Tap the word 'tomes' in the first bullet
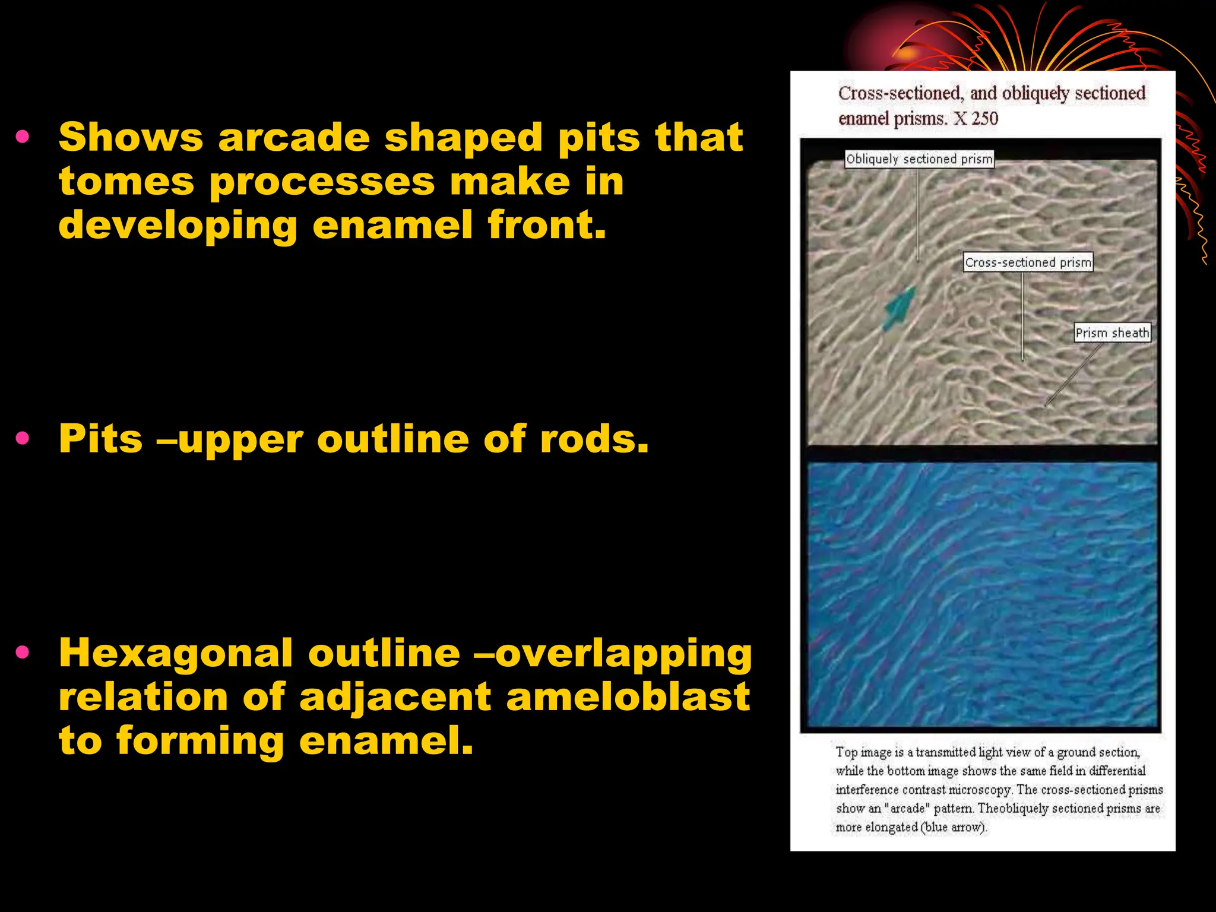point(126,182)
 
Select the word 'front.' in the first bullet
point(547,225)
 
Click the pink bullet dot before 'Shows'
point(23,137)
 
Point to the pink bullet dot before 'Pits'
point(23,439)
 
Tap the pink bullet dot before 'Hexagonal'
point(23,653)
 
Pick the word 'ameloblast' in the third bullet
point(628,697)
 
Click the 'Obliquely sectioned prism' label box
point(919,159)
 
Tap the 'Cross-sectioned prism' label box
point(1028,262)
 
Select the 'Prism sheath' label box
point(1112,333)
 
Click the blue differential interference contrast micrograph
point(983,594)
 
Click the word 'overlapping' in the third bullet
point(623,654)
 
